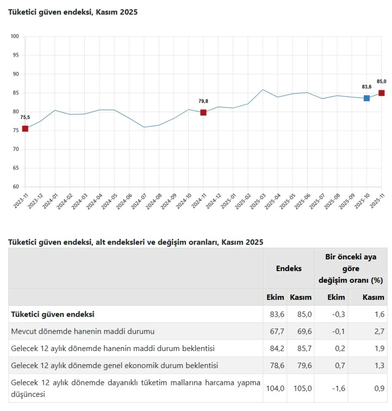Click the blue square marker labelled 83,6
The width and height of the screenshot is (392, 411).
coord(367,98)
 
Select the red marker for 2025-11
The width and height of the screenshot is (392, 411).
coord(381,93)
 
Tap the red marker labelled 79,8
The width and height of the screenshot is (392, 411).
coord(203,113)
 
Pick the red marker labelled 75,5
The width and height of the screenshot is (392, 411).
coord(25,129)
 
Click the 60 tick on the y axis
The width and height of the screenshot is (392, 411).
coord(16,187)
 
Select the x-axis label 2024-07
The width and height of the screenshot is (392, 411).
coord(139,201)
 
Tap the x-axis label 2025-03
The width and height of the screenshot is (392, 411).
coord(258,201)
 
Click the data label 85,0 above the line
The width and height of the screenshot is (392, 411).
coord(381,81)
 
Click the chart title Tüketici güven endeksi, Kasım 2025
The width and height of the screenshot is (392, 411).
coord(73,12)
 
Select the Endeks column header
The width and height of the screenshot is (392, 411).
coord(288,269)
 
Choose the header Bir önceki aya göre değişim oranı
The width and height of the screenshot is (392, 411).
coord(351,269)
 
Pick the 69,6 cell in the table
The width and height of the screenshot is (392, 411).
coord(304,331)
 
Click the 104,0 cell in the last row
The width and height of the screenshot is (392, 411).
coord(275,388)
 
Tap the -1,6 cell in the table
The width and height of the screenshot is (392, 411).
coord(338,388)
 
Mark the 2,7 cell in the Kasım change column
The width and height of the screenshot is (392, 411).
coord(379,331)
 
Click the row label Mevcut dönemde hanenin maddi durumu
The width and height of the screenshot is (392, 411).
coord(83,331)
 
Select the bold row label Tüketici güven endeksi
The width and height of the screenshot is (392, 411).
coord(53,315)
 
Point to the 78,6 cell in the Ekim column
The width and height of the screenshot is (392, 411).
coord(277,365)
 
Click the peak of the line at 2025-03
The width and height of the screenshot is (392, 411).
coord(263,90)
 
